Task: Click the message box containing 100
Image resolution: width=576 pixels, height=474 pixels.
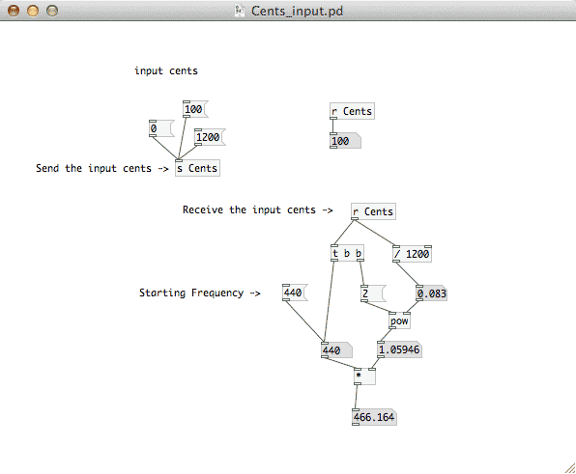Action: tap(195, 109)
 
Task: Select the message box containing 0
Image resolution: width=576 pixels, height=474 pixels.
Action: tap(161, 128)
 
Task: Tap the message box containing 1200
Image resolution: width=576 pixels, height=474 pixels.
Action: tap(210, 137)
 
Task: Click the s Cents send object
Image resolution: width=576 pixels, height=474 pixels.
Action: tap(197, 168)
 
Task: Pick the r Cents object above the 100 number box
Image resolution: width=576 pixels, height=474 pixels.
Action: tap(353, 111)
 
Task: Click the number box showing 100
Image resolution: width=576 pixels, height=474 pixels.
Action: tap(345, 141)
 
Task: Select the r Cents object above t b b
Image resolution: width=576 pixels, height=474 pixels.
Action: tap(373, 211)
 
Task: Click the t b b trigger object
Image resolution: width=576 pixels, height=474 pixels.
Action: tap(348, 253)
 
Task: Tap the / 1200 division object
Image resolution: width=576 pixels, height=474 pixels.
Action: tap(412, 254)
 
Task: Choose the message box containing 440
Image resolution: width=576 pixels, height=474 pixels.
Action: tap(295, 293)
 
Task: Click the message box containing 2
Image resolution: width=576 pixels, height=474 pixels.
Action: tap(373, 293)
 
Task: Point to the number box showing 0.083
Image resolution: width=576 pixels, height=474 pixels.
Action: tap(432, 293)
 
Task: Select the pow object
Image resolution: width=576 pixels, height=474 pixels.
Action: tap(399, 321)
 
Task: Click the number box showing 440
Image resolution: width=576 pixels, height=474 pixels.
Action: tap(336, 350)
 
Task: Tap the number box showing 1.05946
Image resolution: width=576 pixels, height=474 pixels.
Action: tap(399, 349)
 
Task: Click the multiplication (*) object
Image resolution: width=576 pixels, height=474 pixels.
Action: tap(364, 376)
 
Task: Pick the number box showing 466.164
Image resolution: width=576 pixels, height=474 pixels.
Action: tap(374, 417)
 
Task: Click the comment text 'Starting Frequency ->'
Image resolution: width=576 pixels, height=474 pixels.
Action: tap(200, 293)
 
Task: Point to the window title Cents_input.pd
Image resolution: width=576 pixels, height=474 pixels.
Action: tap(298, 11)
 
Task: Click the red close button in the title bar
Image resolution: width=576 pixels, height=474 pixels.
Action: tap(14, 11)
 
